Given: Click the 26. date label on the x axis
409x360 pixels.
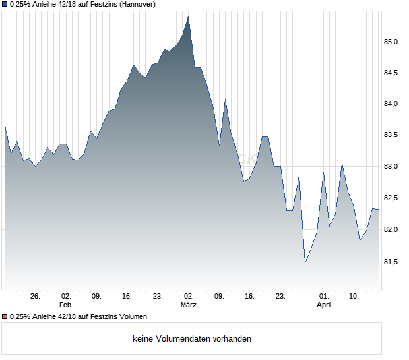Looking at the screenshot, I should (36, 297).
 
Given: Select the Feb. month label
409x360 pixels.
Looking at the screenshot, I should (65, 305).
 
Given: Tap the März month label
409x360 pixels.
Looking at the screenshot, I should (189, 305).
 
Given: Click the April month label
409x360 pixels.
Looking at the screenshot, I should (324, 305).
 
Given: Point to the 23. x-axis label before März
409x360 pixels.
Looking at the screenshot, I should (158, 297).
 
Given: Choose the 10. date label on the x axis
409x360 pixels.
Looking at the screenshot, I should (354, 297).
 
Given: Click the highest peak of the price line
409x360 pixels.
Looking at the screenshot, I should (189, 16).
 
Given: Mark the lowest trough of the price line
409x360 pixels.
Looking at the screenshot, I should (305, 264).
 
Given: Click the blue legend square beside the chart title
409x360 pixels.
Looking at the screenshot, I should (5, 4).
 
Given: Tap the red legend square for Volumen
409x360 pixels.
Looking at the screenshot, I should (5, 317).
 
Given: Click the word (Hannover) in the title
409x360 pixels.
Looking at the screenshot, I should (137, 4).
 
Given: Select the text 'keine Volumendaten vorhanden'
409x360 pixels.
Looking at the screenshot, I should (192, 339).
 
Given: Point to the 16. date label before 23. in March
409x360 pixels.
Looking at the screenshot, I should (249, 297).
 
